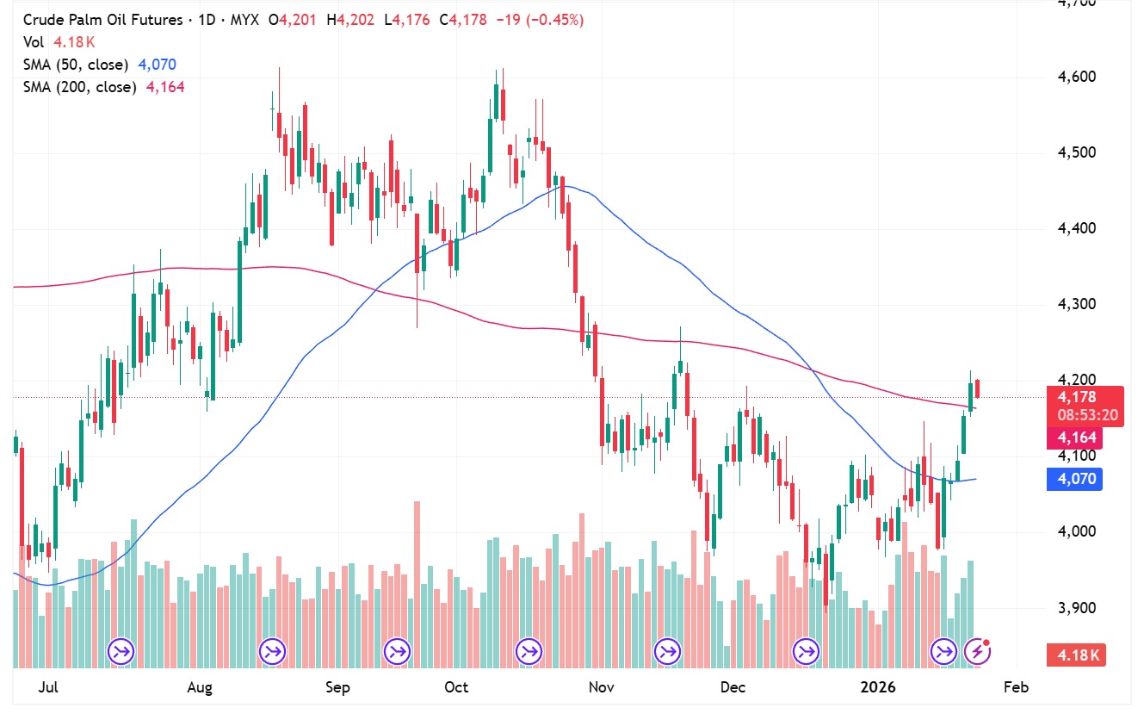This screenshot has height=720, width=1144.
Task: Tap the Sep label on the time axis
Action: click(338, 687)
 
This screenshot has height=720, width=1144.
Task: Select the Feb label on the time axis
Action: click(1016, 687)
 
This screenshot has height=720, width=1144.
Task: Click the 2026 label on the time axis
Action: click(880, 687)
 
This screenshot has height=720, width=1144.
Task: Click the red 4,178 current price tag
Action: click(1076, 397)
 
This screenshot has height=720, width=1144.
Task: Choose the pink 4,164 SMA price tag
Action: click(1076, 438)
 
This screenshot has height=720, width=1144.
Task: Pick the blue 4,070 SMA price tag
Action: click(1076, 479)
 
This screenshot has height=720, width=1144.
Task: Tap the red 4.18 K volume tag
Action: click(1076, 655)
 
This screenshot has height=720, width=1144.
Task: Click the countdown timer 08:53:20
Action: click(1089, 414)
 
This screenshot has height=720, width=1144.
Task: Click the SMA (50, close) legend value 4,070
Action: click(158, 65)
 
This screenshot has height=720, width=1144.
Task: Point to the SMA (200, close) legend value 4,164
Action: click(165, 87)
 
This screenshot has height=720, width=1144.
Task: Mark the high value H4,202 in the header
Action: click(350, 20)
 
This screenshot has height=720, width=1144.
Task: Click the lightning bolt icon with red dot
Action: click(976, 651)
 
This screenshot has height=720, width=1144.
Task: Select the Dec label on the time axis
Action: click(733, 687)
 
